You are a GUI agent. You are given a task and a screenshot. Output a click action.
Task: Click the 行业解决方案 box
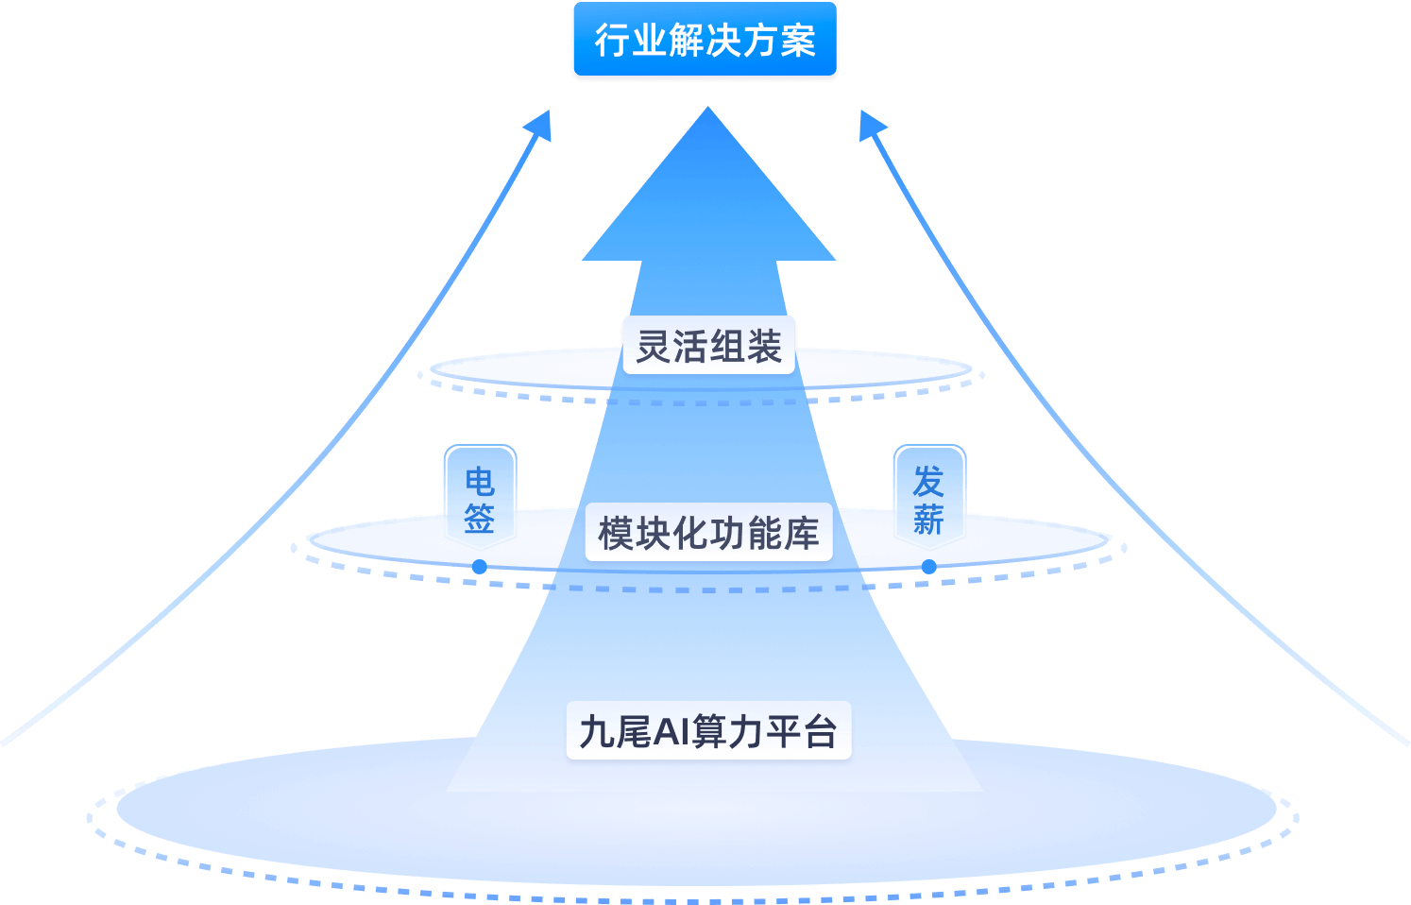coord(705,41)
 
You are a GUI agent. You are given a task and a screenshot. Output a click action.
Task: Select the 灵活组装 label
coord(708,346)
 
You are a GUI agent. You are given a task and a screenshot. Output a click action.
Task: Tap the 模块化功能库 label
coord(708,534)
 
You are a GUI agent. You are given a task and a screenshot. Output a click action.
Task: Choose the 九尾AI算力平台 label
coord(708,731)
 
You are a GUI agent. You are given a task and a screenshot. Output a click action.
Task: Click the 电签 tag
coord(480,499)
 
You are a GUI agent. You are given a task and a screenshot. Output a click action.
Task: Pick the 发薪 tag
coord(928,499)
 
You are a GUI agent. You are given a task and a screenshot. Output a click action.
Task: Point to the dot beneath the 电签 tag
coord(480,567)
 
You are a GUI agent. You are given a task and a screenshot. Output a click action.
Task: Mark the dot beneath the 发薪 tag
coord(928,567)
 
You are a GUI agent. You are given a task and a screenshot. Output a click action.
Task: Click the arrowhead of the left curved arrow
coord(539,124)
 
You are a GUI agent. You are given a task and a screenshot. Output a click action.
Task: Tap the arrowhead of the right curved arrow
coord(871,124)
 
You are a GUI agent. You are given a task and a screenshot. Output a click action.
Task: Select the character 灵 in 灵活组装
coord(654,347)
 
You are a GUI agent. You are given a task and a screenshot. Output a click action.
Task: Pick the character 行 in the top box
coord(612,42)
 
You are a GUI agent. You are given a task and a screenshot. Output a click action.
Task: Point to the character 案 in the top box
coord(797,42)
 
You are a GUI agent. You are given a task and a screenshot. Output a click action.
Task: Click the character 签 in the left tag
coord(480,518)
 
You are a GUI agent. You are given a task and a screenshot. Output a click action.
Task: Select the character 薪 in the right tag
coord(928,519)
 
